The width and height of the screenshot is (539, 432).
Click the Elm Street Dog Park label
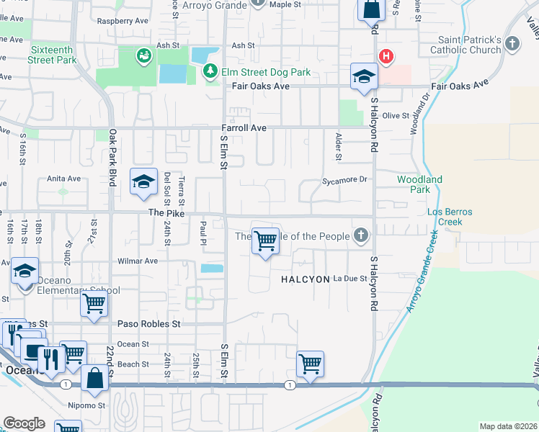[x=267, y=72]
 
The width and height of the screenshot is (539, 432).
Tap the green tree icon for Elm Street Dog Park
[x=210, y=71]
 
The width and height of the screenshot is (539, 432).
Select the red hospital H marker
[x=387, y=56]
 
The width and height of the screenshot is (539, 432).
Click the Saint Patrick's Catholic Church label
[x=465, y=45]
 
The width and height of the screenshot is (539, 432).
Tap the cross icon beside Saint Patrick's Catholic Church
[x=512, y=44]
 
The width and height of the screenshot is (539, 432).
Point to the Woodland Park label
[x=419, y=184]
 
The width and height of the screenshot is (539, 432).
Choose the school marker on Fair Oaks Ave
[x=365, y=77]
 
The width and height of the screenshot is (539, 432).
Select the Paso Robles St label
[x=148, y=324]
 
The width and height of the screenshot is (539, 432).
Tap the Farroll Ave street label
[x=244, y=128]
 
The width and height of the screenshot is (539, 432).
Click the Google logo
[x=24, y=423]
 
